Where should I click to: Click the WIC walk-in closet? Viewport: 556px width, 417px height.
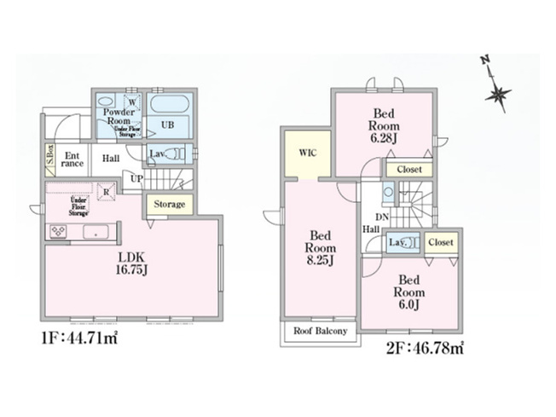point(308,153)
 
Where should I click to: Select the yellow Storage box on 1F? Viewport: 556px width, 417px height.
point(169,205)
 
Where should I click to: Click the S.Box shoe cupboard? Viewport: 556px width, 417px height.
point(50,159)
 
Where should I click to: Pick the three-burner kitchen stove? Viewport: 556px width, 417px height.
point(60,231)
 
